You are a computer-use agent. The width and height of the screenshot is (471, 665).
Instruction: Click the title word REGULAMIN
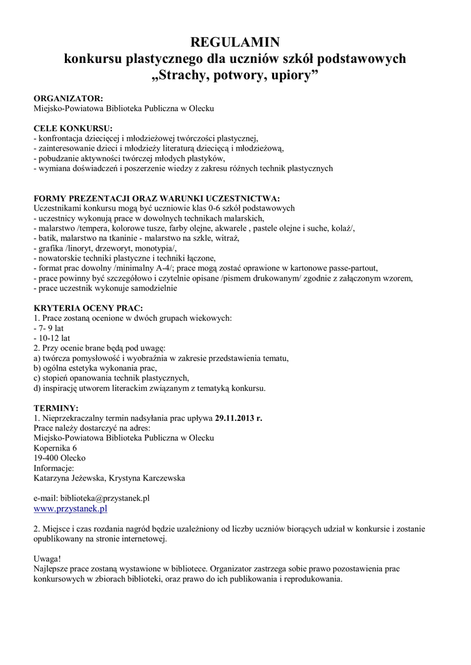pyautogui.click(x=235, y=43)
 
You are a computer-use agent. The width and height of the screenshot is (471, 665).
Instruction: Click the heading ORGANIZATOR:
pyautogui.click(x=68, y=98)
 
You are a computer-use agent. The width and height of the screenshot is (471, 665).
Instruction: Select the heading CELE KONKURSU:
pyautogui.click(x=73, y=128)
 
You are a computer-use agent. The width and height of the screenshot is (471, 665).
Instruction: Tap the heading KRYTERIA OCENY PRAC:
pyautogui.click(x=88, y=307)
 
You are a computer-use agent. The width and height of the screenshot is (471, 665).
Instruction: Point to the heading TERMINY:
pyautogui.click(x=55, y=407)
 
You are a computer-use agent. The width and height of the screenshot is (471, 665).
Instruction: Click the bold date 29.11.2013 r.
pyautogui.click(x=238, y=418)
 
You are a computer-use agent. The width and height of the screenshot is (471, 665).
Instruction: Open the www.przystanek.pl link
pyautogui.click(x=70, y=509)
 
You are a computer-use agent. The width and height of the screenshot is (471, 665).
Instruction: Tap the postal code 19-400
pyautogui.click(x=45, y=458)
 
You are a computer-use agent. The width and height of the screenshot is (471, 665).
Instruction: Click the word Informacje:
pyautogui.click(x=53, y=468)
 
